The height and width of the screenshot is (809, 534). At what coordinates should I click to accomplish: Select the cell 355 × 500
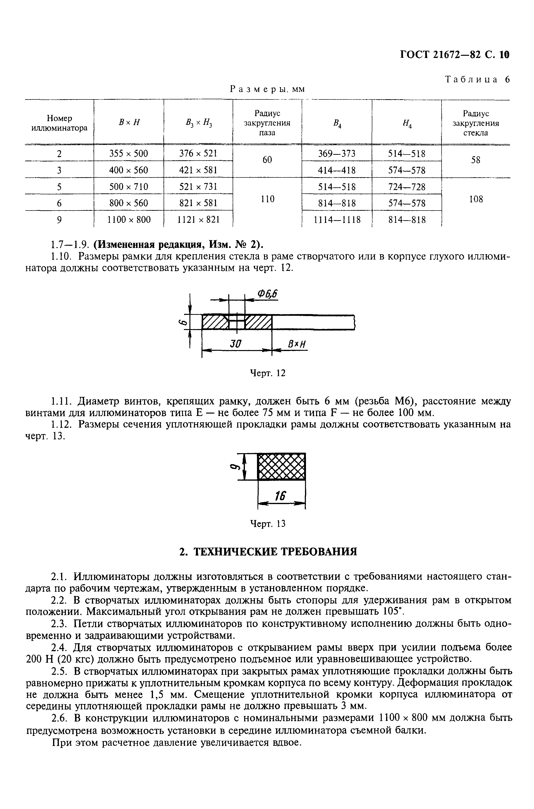pos(128,154)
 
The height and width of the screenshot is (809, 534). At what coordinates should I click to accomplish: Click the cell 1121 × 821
pos(198,220)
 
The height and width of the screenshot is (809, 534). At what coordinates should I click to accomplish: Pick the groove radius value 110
pos(267,199)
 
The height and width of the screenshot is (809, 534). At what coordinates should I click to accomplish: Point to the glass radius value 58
pos(475,160)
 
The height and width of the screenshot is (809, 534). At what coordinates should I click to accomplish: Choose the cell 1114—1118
pos(337,220)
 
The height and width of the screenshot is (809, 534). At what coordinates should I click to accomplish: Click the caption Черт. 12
pos(267,373)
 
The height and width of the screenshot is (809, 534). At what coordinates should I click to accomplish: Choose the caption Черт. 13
pos(267,524)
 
